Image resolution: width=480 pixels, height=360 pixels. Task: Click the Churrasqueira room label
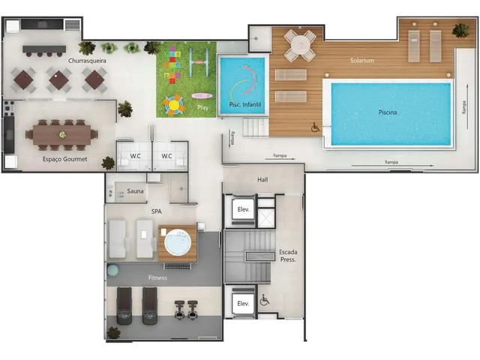coord(87,61)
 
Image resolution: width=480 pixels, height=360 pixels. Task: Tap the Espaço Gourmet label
coord(65,159)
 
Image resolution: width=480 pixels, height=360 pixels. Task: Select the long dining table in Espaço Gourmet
coord(62,135)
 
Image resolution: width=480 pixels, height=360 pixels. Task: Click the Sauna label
coord(135,191)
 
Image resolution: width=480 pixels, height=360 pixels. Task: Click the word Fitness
coord(157,278)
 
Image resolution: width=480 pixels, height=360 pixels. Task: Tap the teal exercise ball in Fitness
coord(112,270)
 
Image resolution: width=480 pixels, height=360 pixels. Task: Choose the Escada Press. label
coord(288,256)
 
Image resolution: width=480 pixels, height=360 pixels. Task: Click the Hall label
coord(262,180)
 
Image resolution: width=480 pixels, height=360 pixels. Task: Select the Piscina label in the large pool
coord(388,112)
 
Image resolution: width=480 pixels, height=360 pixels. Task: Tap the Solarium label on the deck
coord(362,60)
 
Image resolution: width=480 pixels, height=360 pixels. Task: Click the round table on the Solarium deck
coord(300,45)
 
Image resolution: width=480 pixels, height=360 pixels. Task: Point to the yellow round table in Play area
coord(174,105)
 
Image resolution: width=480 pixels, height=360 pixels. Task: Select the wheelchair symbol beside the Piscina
coord(315,127)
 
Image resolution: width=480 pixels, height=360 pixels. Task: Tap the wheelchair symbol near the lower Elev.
coord(265,300)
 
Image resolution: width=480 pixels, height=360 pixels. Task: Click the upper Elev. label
coord(243,210)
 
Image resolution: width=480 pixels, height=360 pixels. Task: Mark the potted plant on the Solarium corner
coord(460,30)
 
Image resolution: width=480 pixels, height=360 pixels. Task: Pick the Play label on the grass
coord(202,107)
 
